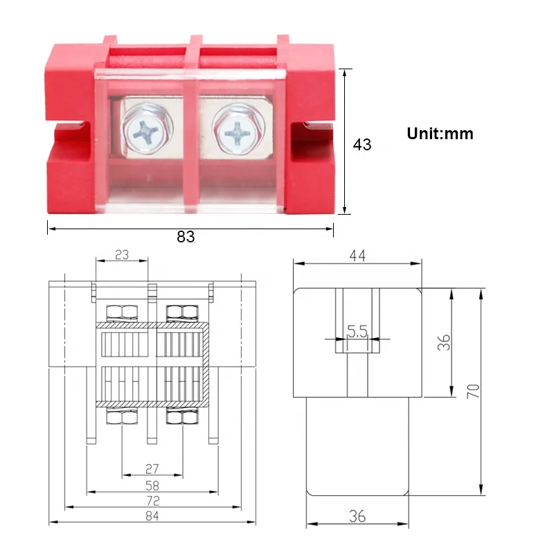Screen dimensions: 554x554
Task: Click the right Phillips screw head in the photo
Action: click(x=236, y=129)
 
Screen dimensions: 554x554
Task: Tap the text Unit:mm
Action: click(x=440, y=134)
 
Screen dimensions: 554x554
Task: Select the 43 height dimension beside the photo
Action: click(x=362, y=145)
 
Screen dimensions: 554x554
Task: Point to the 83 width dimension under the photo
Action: click(x=186, y=237)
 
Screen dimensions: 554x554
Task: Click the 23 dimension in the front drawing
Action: click(x=122, y=255)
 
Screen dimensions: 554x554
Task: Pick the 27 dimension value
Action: click(x=152, y=469)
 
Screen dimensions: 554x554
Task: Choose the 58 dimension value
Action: click(x=152, y=485)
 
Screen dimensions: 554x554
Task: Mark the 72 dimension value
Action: click(x=152, y=500)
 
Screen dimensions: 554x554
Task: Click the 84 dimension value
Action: click(x=152, y=516)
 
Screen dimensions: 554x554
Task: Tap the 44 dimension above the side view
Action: click(x=357, y=256)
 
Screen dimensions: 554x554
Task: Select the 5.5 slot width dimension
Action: click(x=357, y=332)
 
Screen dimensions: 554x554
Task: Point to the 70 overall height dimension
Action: click(x=473, y=391)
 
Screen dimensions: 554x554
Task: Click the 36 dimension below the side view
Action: click(x=357, y=517)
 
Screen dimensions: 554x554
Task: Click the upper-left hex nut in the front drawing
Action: click(x=122, y=312)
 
